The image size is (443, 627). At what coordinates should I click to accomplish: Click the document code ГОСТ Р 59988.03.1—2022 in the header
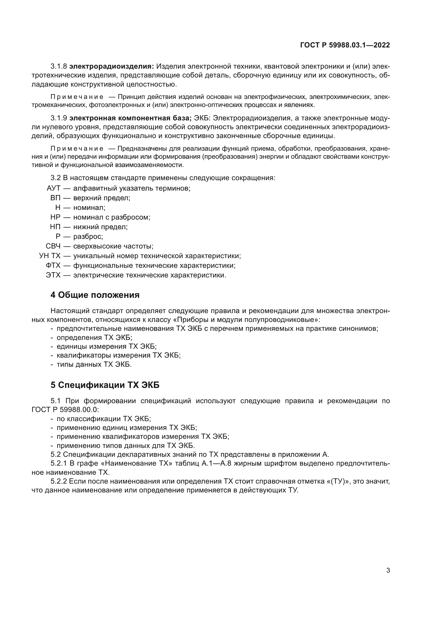(345, 45)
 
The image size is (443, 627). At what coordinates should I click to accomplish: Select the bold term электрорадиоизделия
(112, 66)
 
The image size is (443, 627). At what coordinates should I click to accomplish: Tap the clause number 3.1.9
(59, 118)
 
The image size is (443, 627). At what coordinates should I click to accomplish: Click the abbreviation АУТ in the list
(54, 188)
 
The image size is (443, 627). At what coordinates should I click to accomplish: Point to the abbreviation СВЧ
(53, 246)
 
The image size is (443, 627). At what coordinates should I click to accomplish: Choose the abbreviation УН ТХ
(50, 256)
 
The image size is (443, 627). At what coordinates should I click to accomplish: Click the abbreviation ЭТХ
(53, 275)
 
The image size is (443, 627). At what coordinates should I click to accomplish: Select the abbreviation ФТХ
(53, 266)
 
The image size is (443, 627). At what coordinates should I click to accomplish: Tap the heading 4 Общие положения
(95, 295)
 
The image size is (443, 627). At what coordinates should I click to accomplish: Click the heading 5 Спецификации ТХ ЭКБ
(105, 385)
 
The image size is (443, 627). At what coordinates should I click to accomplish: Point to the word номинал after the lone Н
(89, 208)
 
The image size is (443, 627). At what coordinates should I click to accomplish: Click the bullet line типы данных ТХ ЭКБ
(94, 365)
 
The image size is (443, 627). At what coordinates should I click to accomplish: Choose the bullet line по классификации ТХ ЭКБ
(104, 419)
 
